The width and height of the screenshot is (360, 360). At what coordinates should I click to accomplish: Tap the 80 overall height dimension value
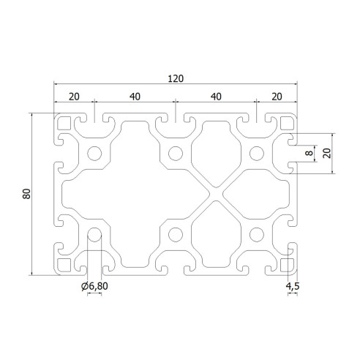coord(25,194)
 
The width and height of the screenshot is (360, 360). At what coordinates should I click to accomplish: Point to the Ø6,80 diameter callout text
coord(94,285)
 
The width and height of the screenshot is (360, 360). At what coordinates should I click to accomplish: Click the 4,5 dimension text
coord(292,285)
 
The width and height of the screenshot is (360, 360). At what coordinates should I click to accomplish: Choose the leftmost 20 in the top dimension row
coord(74,97)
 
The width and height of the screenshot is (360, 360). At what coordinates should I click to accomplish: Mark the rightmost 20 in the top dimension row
coord(277,97)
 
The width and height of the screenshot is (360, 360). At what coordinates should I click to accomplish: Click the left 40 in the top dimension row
coord(135,97)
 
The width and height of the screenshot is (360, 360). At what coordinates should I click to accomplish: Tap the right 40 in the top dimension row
coord(216,97)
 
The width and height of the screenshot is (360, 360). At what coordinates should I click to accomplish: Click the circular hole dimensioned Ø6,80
coord(94,235)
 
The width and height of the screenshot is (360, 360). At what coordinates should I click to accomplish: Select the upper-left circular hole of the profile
coord(94,154)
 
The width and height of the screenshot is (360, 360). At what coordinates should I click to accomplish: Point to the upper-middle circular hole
coord(176,154)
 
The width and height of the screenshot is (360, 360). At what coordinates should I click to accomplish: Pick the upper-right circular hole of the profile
coord(257,154)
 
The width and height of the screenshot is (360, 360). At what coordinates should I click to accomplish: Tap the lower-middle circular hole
coord(176,235)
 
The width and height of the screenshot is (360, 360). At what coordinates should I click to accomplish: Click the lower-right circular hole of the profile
coord(257,235)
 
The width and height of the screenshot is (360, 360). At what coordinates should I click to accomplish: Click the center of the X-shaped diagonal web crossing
coord(217,194)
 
